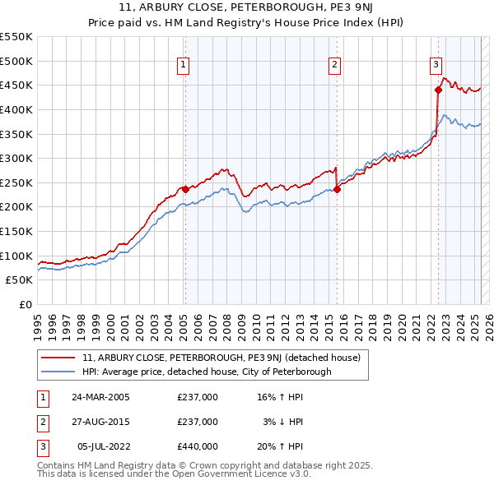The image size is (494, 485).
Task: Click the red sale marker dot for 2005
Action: [185, 189]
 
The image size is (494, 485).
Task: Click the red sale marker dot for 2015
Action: [337, 189]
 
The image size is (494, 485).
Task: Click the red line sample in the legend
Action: [58, 358]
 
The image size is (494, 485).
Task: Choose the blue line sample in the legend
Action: [58, 372]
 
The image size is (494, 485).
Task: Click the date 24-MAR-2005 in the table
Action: [100, 397]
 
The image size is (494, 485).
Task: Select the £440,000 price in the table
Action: [198, 446]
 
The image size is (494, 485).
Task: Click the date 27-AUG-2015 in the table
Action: [100, 422]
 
